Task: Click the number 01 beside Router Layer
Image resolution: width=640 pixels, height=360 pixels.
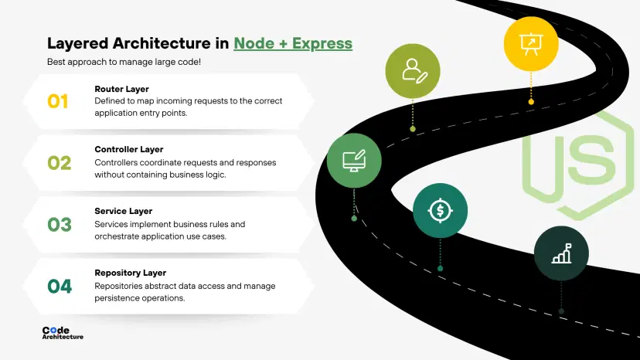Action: click(58, 101)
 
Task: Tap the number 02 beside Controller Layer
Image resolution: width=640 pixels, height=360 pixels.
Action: click(59, 163)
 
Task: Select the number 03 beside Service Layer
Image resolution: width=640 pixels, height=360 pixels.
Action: click(60, 225)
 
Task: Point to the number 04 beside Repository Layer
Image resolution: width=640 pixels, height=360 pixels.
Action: click(60, 287)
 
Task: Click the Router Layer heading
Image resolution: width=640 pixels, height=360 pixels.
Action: click(122, 89)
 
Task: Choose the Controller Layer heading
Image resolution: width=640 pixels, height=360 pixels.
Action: click(129, 149)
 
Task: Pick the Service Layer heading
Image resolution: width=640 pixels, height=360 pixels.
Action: click(124, 211)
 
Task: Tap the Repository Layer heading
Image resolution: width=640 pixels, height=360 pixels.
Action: click(131, 273)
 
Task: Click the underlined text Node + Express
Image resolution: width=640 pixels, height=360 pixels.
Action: click(293, 43)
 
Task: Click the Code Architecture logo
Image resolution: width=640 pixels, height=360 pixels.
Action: click(63, 333)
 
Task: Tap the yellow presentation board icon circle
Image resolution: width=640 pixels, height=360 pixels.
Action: click(531, 43)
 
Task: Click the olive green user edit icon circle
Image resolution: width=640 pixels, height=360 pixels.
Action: click(413, 71)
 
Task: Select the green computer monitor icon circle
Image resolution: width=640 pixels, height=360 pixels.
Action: click(354, 161)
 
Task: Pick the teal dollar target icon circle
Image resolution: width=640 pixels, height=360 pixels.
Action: click(440, 210)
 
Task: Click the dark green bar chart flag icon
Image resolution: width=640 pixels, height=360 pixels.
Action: click(561, 253)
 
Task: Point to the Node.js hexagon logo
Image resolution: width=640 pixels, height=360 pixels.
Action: click(578, 164)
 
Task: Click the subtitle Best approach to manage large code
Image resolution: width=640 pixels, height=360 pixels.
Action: click(124, 61)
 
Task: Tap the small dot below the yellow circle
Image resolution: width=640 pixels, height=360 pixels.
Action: click(531, 101)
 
